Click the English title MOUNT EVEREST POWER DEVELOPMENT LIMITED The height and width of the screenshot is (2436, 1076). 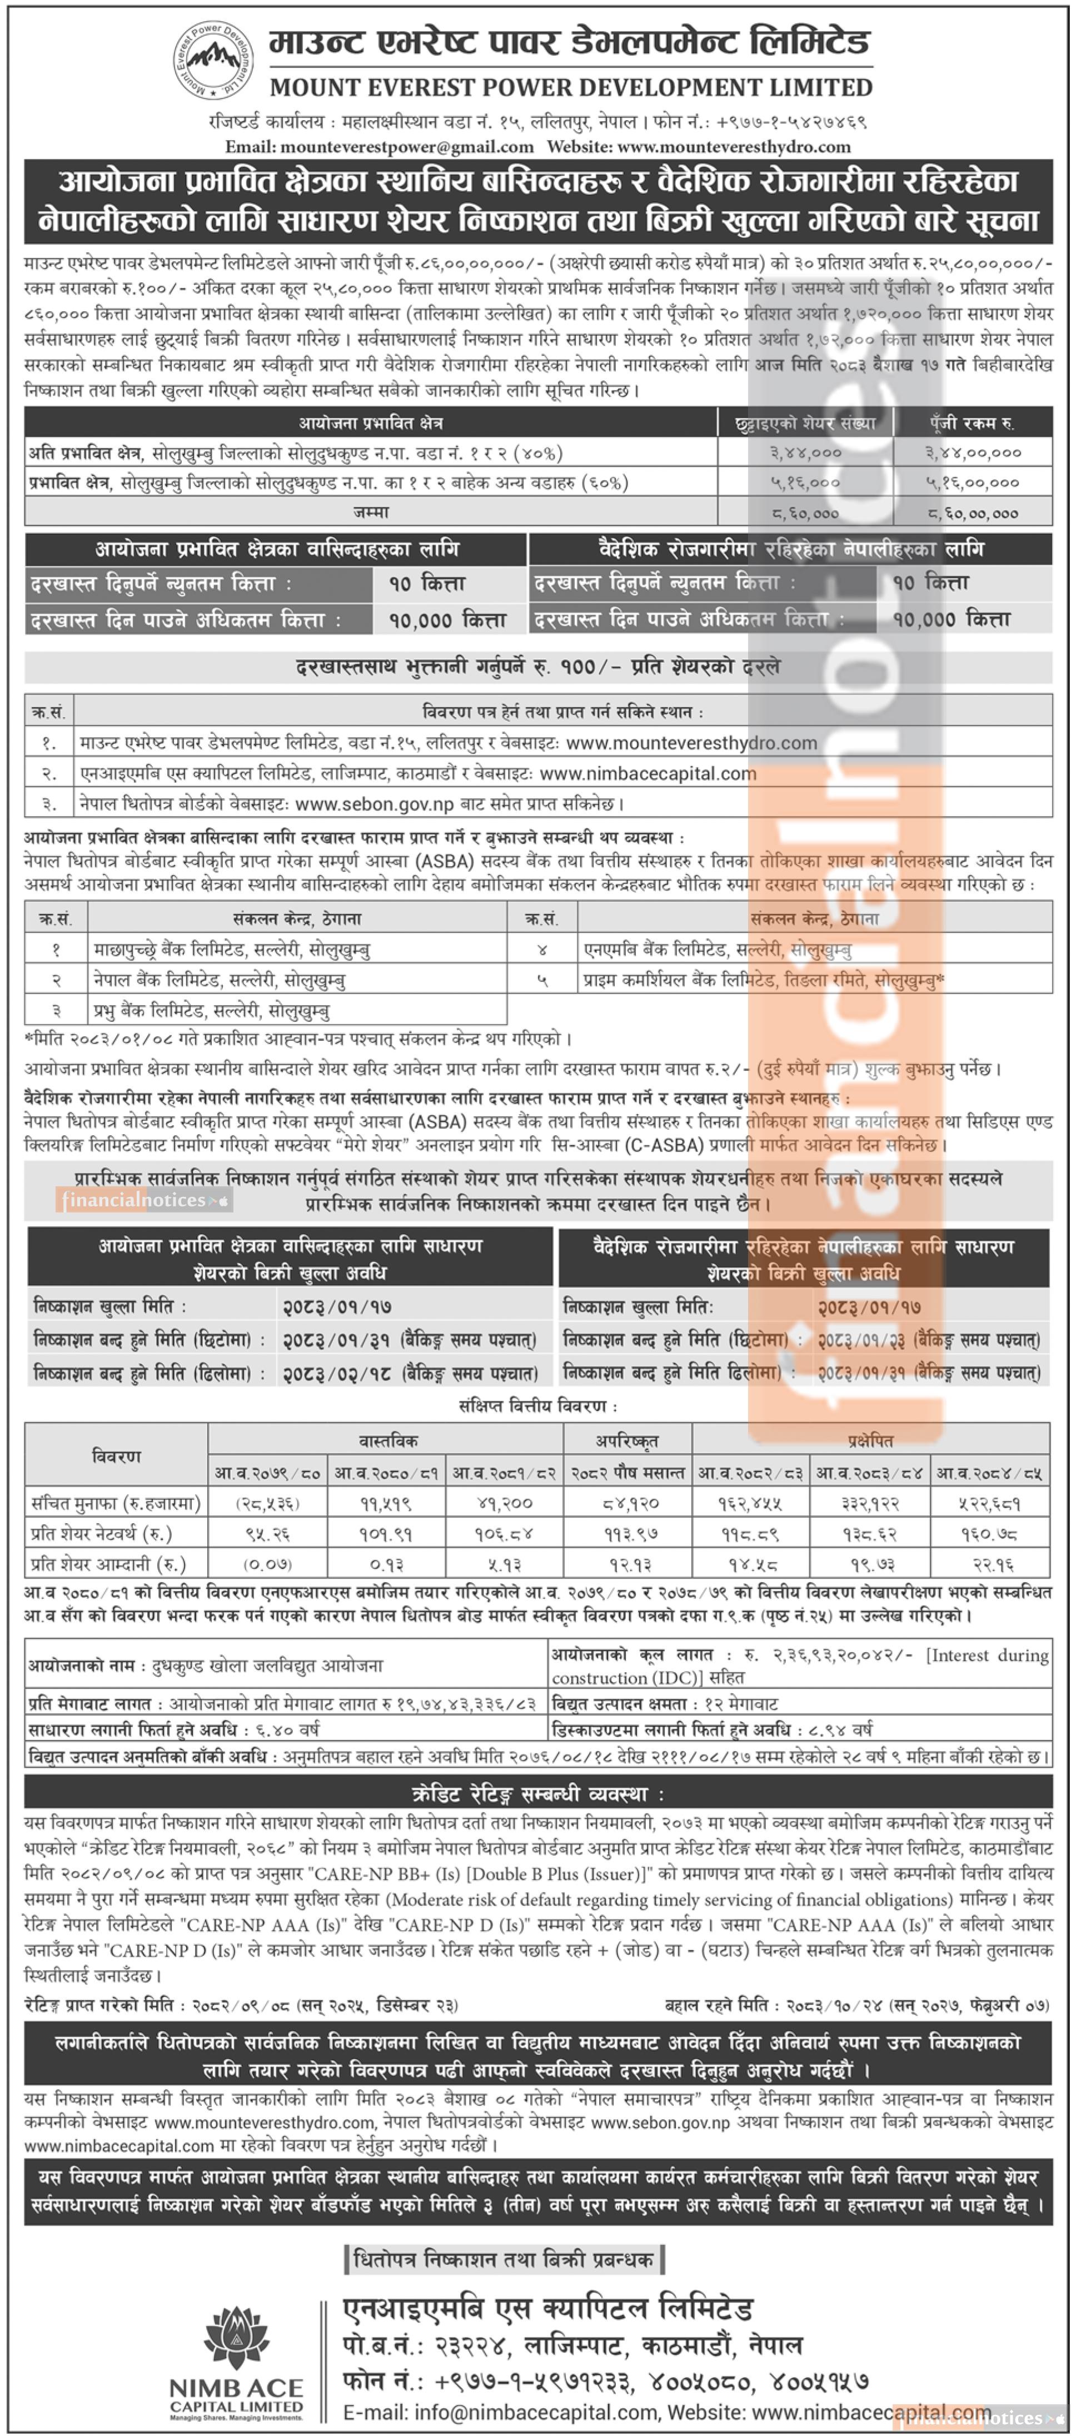pos(571,88)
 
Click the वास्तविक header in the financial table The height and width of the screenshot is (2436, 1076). pos(387,1440)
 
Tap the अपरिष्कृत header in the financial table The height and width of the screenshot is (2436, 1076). pos(627,1440)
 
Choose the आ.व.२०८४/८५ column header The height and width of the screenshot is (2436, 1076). pos(989,1473)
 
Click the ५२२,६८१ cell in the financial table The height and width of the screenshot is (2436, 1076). pos(989,1503)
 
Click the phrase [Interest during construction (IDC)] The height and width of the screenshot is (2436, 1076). pos(799,1666)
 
